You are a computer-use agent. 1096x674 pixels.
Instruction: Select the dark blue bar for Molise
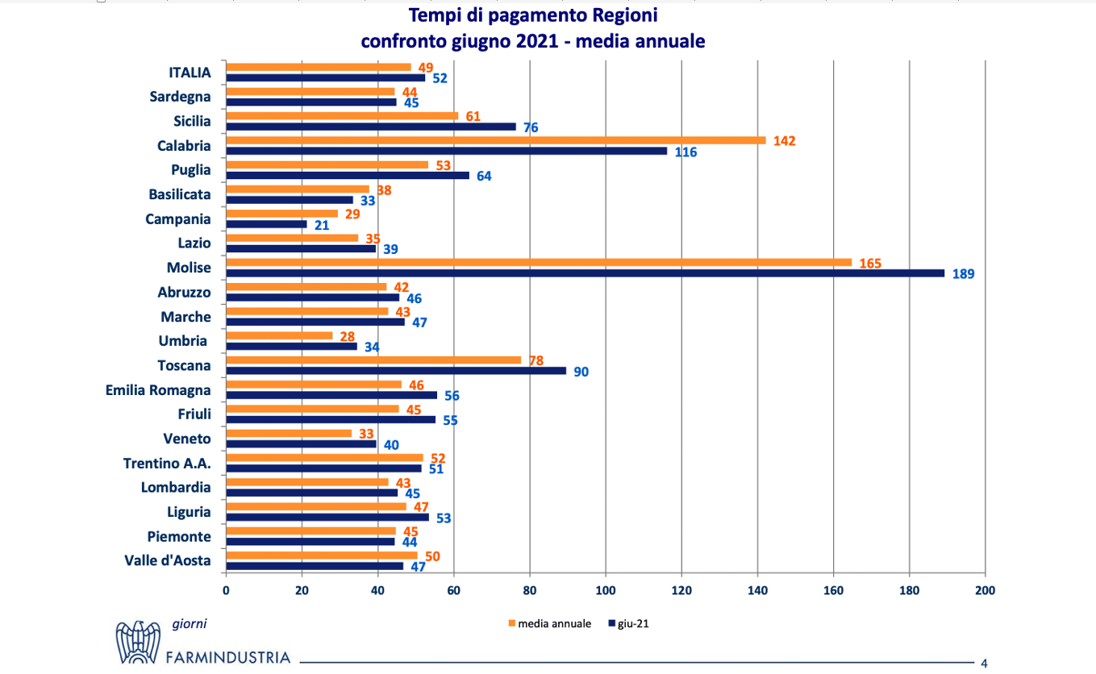(585, 273)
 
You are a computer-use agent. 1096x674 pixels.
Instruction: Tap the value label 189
(964, 274)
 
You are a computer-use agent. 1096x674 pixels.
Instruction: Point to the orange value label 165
(870, 263)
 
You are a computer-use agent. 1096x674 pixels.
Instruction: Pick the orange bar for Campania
(282, 214)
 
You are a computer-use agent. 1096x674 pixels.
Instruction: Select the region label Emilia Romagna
(158, 390)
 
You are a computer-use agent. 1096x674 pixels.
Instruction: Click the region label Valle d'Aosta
(168, 560)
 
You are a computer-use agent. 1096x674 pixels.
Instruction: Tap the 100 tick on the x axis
(606, 590)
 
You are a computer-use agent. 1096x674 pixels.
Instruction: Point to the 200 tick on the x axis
(985, 590)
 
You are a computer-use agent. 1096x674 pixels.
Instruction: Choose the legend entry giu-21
(631, 623)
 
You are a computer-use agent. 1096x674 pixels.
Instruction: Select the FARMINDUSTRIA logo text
(227, 657)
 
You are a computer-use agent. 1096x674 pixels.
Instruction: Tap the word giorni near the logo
(190, 623)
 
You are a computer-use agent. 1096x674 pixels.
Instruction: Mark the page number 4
(984, 664)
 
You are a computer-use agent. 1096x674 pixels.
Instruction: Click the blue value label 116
(686, 152)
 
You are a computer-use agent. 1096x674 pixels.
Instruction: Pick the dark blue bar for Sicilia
(370, 127)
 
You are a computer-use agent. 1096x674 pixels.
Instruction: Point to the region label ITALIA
(190, 73)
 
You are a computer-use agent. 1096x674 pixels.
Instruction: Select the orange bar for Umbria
(279, 335)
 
